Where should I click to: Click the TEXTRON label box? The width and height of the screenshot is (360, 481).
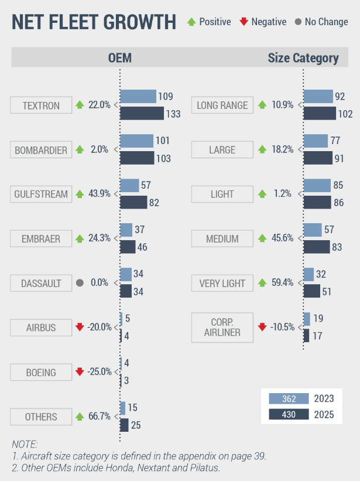click(41, 105)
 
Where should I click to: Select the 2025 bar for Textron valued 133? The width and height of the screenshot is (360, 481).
click(142, 114)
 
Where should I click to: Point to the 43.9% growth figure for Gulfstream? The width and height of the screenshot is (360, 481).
click(100, 194)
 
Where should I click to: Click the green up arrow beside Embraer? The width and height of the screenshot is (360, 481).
click(80, 238)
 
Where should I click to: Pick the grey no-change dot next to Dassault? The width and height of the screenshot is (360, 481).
click(80, 283)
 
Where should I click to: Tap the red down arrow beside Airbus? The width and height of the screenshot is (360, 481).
click(80, 328)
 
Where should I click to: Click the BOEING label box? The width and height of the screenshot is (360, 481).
click(41, 373)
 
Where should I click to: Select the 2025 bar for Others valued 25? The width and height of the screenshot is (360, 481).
click(124, 425)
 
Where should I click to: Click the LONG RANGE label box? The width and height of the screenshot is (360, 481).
click(222, 105)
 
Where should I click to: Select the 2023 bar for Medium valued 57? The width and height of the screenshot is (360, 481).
click(313, 230)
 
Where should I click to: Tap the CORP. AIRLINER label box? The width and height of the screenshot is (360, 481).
click(222, 328)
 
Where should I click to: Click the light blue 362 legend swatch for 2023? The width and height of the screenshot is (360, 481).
click(288, 398)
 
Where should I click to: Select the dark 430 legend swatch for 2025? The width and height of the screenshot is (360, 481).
click(288, 415)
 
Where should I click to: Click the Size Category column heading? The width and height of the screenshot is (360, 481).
click(303, 58)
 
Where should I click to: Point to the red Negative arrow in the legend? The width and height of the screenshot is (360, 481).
click(244, 22)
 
